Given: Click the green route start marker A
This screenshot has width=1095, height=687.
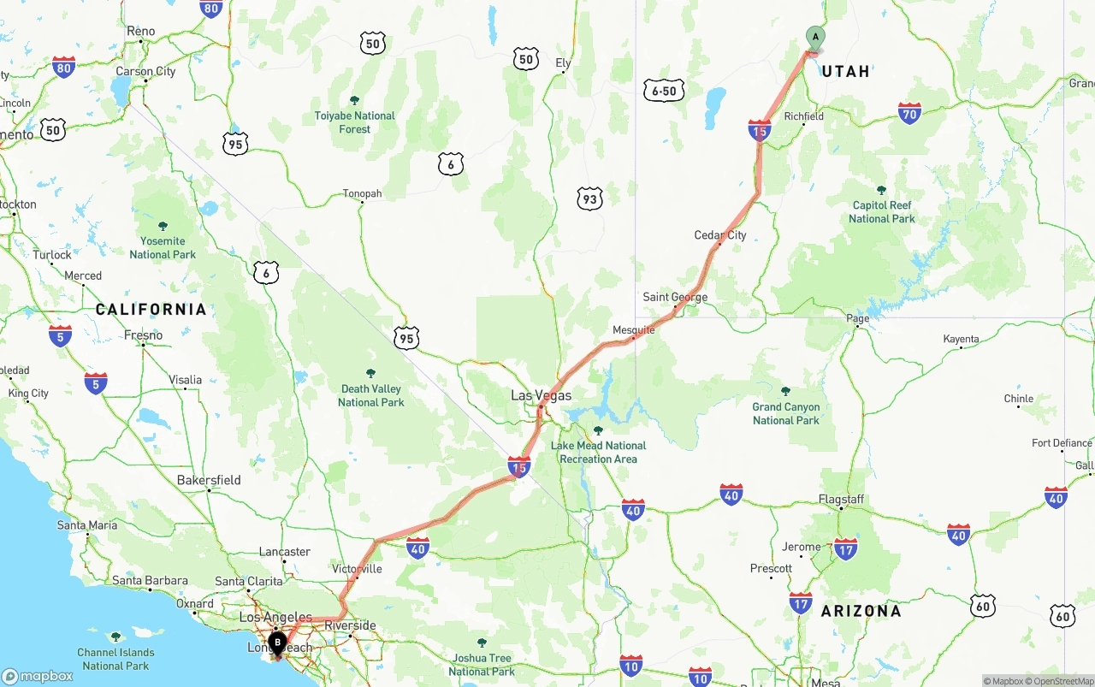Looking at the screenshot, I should (815, 38).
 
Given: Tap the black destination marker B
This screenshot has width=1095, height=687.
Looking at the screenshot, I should (277, 643).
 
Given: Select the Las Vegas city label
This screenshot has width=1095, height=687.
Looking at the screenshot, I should (541, 396).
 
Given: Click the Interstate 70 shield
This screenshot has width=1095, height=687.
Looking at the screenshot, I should (909, 113).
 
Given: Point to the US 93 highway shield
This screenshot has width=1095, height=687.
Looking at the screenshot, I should (589, 199).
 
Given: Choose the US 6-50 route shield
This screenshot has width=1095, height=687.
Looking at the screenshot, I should (664, 91).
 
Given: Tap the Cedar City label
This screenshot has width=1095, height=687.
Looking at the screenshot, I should (720, 235).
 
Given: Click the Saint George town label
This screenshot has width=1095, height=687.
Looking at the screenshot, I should (675, 298).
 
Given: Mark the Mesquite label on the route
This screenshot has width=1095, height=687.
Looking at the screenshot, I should (634, 330).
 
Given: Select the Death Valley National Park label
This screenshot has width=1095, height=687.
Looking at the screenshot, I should (370, 395).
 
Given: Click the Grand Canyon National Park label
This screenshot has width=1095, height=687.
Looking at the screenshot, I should (786, 413).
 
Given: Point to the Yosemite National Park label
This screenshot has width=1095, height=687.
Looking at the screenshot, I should (163, 247).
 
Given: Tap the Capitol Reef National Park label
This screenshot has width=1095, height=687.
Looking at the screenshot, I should (881, 211).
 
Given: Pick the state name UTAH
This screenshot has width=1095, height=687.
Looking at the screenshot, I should (845, 72).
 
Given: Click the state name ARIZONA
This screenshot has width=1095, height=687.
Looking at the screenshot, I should (861, 611).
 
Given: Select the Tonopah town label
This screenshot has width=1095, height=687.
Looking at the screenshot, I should (362, 193).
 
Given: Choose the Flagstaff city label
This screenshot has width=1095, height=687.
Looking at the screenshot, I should (841, 499).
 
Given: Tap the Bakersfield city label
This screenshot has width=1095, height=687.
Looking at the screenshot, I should (209, 480).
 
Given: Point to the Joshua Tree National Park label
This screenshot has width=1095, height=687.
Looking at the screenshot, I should (482, 665).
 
